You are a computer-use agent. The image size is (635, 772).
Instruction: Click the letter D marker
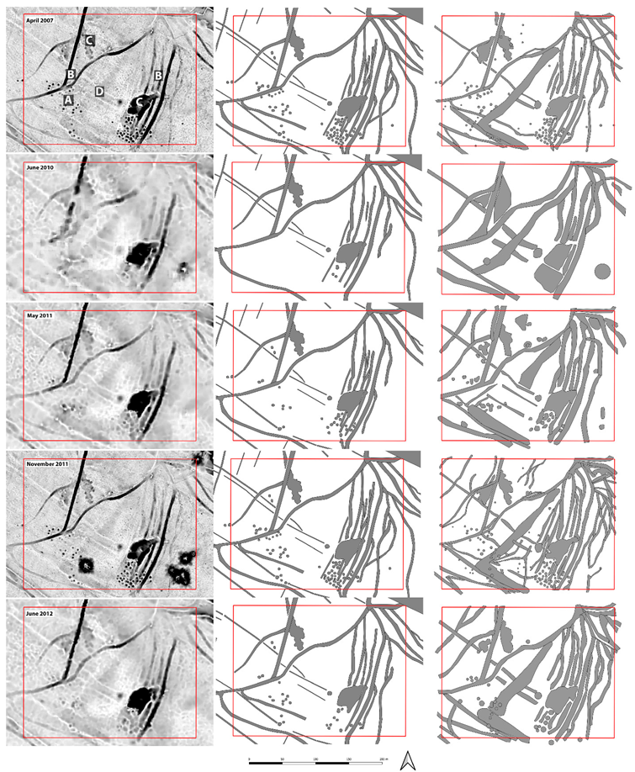99,91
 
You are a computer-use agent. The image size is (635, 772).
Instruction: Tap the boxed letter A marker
68,100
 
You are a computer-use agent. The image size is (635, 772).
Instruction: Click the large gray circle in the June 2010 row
601,271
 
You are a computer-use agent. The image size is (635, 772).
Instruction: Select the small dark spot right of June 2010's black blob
183,268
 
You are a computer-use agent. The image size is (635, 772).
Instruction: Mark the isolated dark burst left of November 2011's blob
86,564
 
